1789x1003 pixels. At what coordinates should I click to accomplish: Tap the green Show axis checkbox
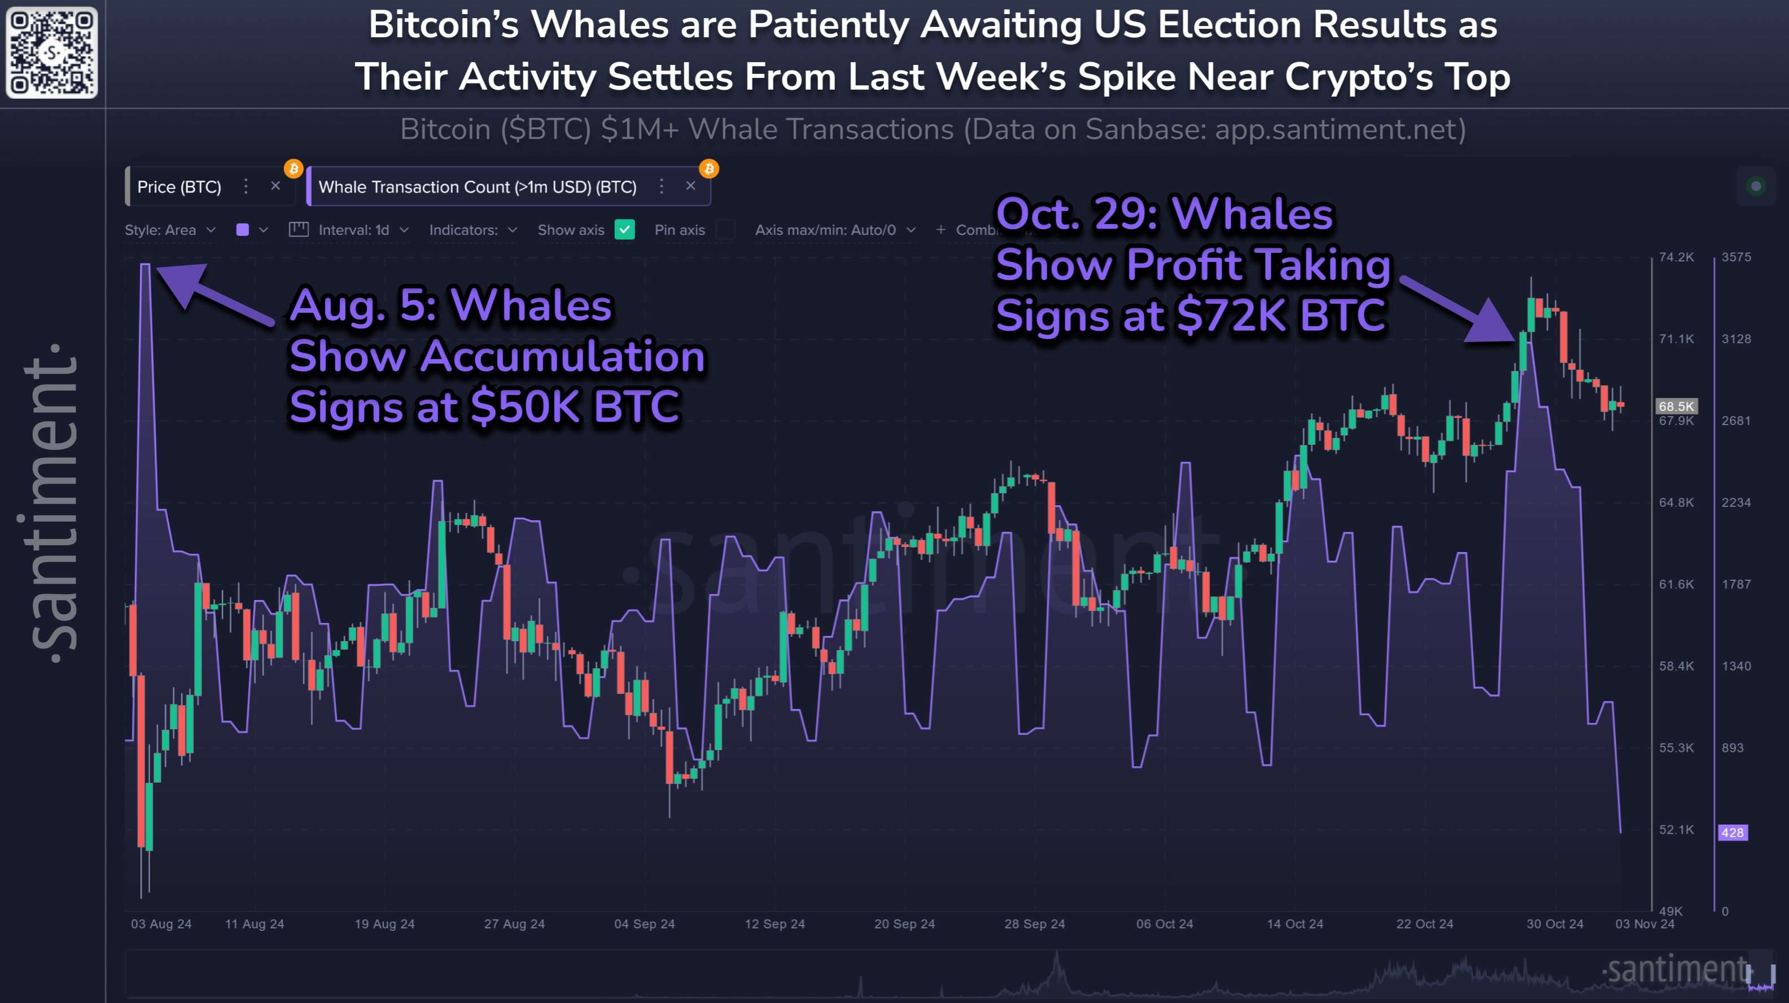pyautogui.click(x=624, y=230)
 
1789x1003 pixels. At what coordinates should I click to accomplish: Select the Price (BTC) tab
pyautogui.click(x=179, y=187)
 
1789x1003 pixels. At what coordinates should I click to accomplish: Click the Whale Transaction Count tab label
pyautogui.click(x=477, y=187)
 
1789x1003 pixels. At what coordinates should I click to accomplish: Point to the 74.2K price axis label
pyautogui.click(x=1676, y=257)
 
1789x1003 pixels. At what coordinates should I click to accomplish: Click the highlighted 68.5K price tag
pyautogui.click(x=1676, y=406)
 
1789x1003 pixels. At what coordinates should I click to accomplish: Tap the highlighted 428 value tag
pyautogui.click(x=1732, y=832)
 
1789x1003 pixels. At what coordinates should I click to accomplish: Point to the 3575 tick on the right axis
pyautogui.click(x=1735, y=257)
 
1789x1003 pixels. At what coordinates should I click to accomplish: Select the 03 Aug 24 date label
pyautogui.click(x=161, y=924)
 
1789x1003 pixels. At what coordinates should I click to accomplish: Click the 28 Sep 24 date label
pyautogui.click(x=1034, y=924)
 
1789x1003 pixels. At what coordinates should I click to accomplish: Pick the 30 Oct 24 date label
pyautogui.click(x=1554, y=924)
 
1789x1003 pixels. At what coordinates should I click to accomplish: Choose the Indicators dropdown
pyautogui.click(x=473, y=230)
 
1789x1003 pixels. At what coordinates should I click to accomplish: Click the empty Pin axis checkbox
pyautogui.click(x=725, y=230)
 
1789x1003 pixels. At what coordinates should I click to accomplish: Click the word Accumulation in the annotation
pyautogui.click(x=562, y=356)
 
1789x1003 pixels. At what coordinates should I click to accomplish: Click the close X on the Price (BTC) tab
pyautogui.click(x=275, y=186)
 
